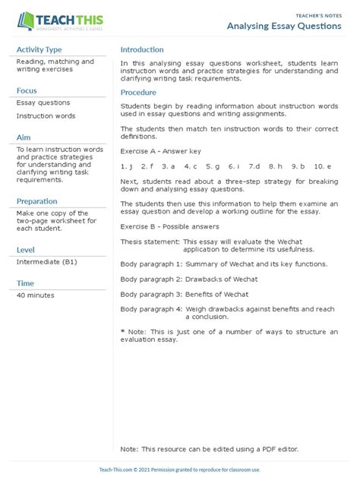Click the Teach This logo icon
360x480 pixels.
25,21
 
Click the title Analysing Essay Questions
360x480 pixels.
284,26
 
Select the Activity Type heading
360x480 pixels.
39,50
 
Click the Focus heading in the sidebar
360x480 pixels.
27,90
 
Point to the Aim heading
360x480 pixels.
24,137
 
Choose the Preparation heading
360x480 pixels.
37,201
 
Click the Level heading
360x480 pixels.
27,250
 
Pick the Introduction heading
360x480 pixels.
142,50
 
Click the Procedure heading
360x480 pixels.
138,93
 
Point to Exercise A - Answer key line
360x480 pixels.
161,150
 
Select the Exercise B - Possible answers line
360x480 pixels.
169,226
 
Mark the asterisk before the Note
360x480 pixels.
123,332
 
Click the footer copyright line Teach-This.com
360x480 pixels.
179,470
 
